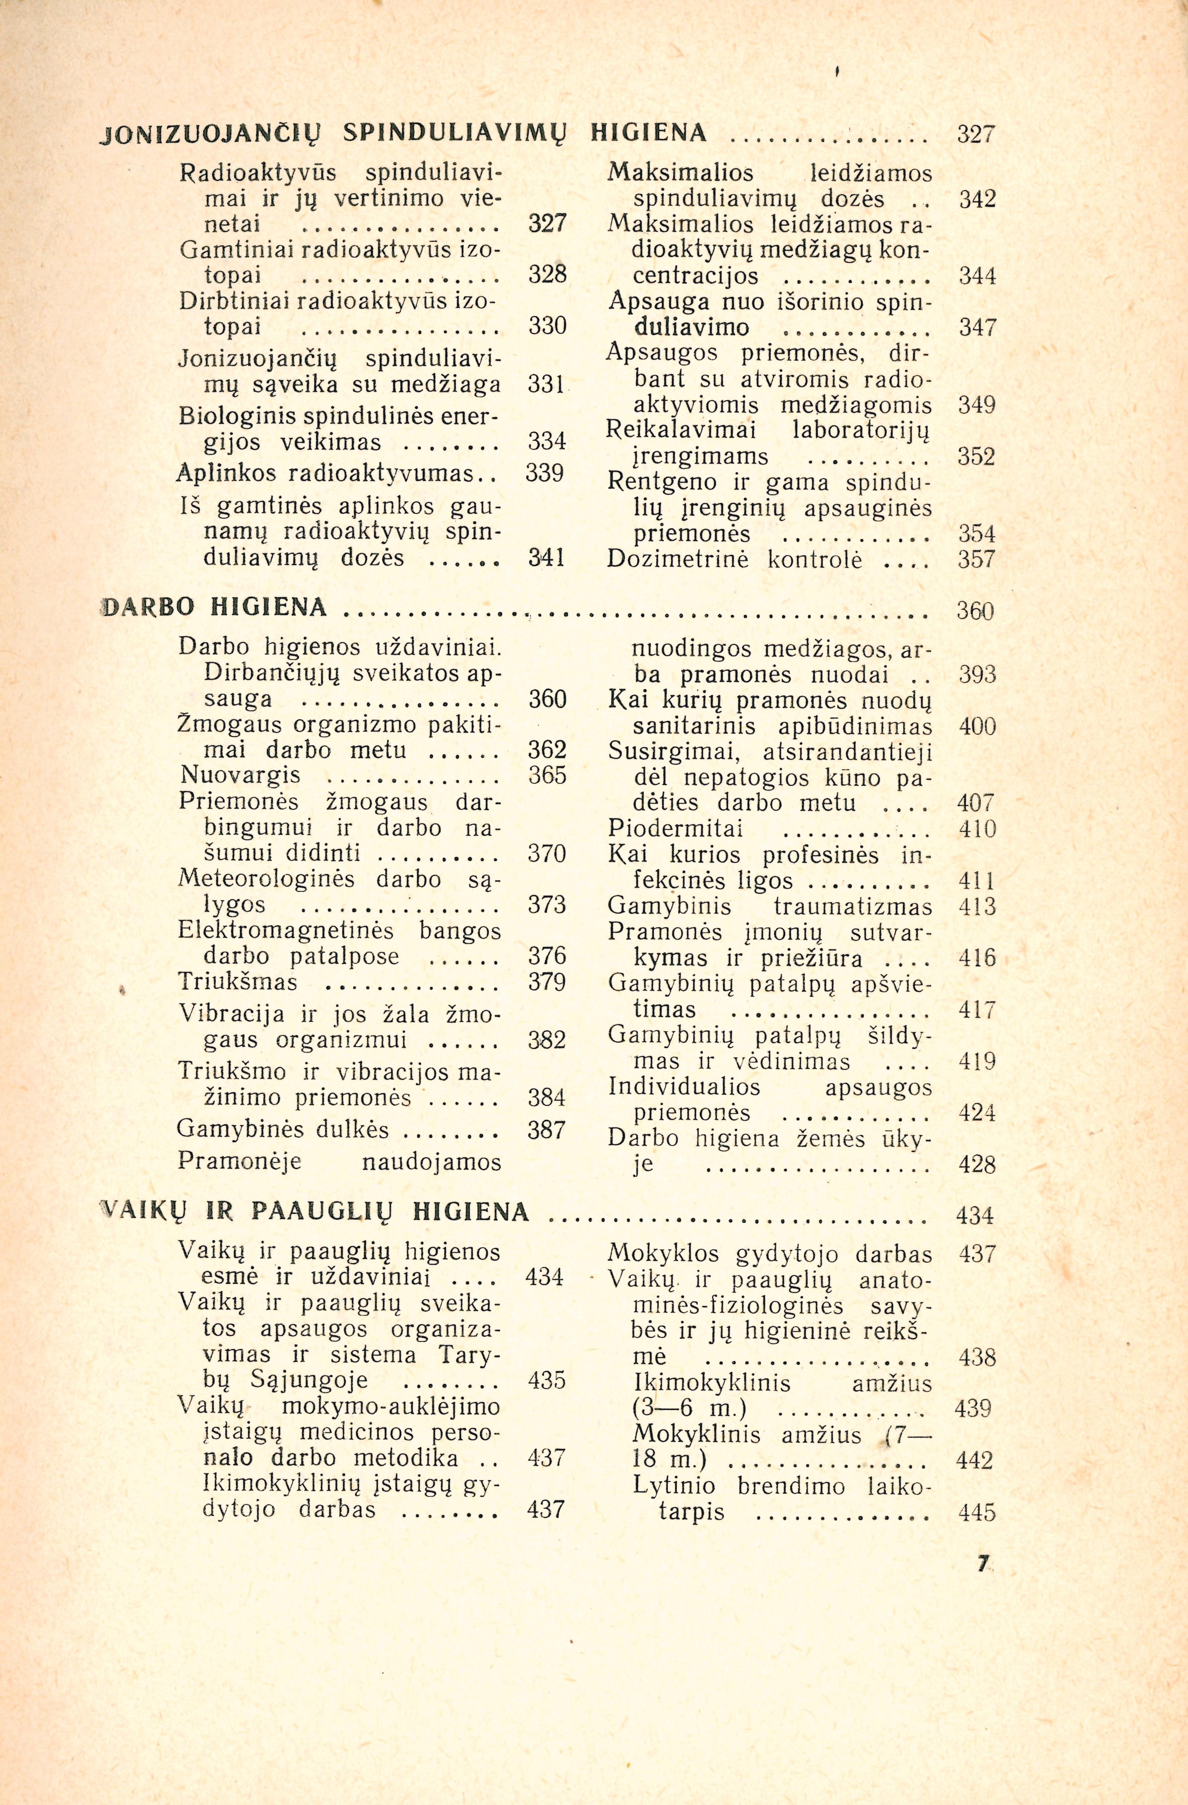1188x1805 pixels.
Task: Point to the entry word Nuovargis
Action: (241, 776)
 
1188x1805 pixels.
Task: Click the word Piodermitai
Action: (674, 828)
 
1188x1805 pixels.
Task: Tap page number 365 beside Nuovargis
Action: (547, 776)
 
